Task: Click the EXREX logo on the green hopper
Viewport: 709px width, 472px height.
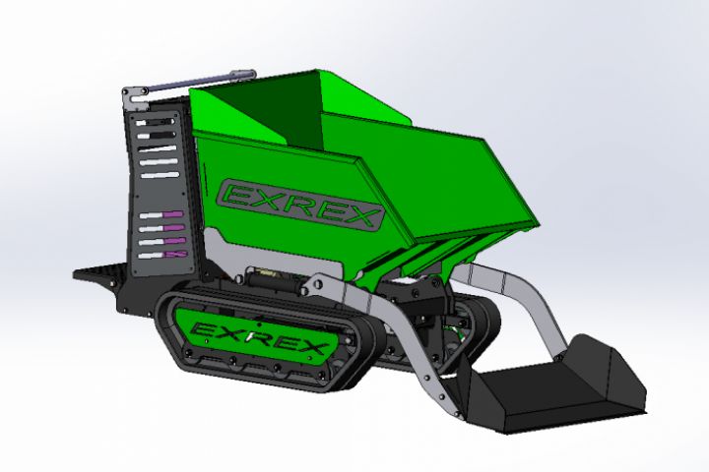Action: point(299,205)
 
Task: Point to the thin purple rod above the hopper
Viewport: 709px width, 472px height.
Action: point(192,84)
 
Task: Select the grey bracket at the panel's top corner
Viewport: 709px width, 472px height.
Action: point(135,98)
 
